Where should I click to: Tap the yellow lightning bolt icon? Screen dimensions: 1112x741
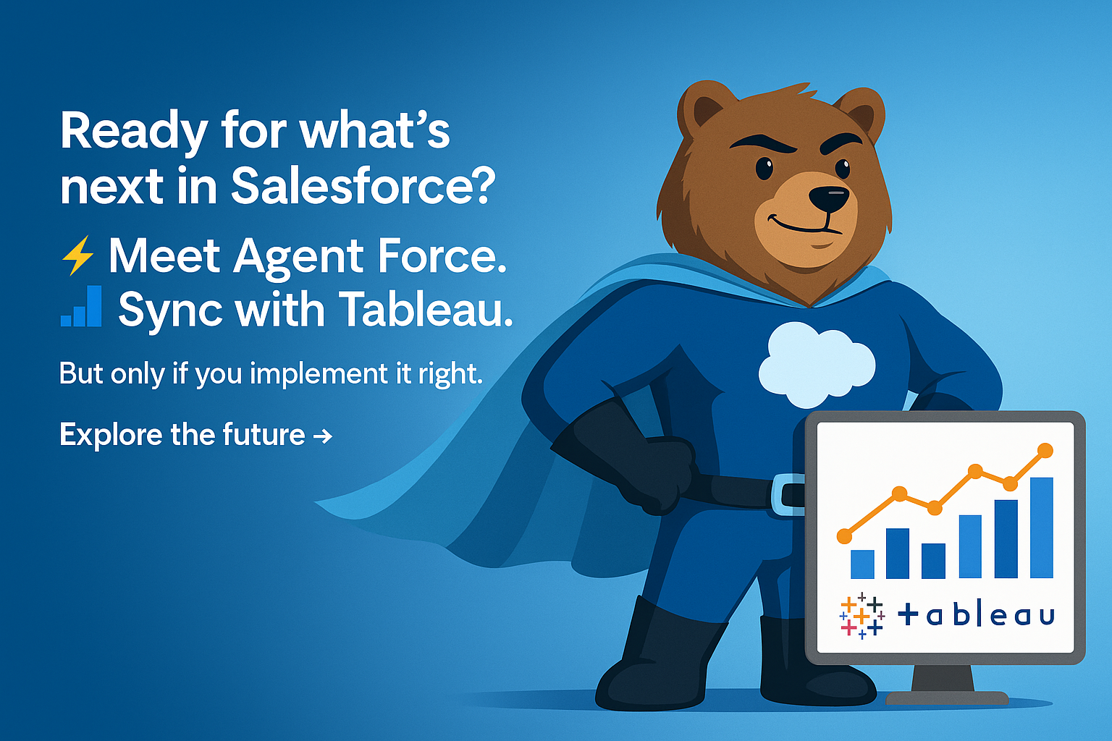click(77, 255)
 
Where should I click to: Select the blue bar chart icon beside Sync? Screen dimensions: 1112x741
click(81, 306)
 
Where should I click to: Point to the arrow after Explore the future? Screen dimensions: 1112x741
click(323, 436)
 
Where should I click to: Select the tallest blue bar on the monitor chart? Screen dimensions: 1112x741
click(1042, 528)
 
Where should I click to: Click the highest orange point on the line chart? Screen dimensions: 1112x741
click(1045, 451)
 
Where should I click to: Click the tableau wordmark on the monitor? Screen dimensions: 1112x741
click(976, 614)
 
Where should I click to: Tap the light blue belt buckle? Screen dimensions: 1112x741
click(788, 491)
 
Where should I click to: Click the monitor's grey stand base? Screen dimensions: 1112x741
click(947, 698)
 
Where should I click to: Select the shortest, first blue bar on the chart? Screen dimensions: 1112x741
click(862, 564)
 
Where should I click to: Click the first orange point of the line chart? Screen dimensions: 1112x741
click(844, 536)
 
